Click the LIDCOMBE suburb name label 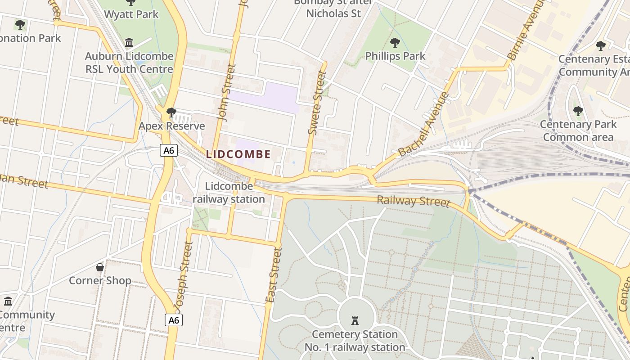238,154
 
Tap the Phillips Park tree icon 395,43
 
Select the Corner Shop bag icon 100,267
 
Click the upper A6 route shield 168,150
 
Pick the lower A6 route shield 174,320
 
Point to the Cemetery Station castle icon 355,321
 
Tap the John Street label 227,92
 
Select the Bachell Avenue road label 424,124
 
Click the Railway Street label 413,201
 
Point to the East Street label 274,275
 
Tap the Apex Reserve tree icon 171,112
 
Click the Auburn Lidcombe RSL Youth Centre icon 129,43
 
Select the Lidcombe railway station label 229,193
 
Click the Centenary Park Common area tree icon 578,111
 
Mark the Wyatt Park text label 131,14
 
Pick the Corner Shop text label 100,281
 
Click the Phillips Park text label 395,56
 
